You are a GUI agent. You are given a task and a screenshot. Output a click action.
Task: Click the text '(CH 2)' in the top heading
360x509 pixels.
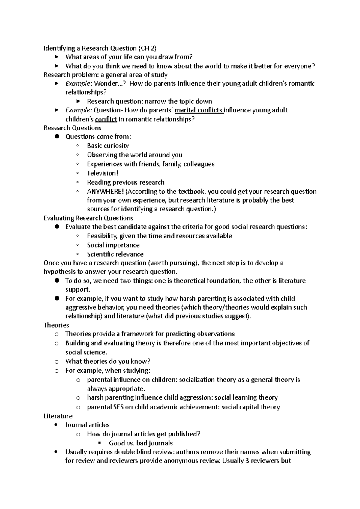point(147,48)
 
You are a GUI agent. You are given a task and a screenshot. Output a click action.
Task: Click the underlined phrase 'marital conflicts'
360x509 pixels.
point(199,110)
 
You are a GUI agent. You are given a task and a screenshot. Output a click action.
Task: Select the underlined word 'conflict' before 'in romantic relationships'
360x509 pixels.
point(106,120)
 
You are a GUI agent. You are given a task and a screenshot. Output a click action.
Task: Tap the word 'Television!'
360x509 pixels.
point(103,173)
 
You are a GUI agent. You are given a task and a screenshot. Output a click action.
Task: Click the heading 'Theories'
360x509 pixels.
point(56,325)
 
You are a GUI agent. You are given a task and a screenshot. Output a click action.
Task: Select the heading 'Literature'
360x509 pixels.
point(58,416)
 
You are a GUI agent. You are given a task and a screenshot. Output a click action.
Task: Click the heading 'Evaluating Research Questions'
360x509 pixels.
point(88,218)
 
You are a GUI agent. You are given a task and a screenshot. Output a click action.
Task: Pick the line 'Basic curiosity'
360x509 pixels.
point(108,146)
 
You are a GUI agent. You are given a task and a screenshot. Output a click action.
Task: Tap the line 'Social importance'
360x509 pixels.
point(113,245)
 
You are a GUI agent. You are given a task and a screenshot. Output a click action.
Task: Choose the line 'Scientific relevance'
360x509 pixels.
point(115,254)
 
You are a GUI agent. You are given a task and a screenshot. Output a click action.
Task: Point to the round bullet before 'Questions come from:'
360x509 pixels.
point(57,137)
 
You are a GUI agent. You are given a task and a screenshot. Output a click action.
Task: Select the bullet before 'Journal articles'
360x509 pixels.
point(57,425)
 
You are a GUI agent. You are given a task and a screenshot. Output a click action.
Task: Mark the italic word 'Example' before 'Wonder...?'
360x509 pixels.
point(78,84)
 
